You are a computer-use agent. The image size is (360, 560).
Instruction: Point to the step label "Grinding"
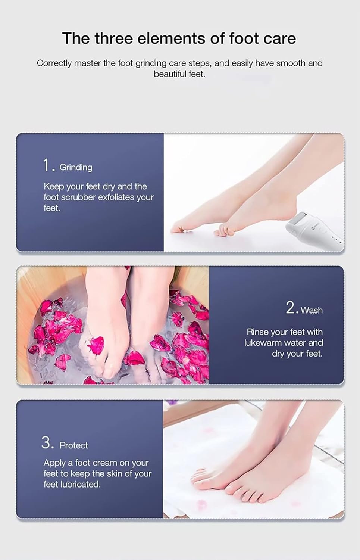[76, 167]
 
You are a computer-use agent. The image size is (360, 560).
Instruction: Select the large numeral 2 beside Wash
[291, 308]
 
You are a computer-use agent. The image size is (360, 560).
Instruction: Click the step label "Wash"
[312, 310]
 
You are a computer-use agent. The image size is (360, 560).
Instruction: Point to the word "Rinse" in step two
[257, 332]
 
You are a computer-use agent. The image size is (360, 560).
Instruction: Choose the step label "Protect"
[74, 445]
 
